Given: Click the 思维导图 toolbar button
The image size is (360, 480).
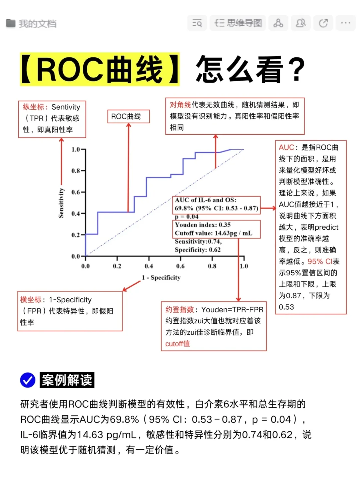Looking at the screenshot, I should pos(238,23).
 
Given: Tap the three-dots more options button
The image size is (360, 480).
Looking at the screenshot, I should pos(345,23).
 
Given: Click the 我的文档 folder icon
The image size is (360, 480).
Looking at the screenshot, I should pos(11,23).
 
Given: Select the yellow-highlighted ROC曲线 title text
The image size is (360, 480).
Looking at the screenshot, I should pos(100,69).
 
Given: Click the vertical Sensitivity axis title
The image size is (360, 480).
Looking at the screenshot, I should pos(61,203).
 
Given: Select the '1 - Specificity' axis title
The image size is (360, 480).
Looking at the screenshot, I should pos(161,278).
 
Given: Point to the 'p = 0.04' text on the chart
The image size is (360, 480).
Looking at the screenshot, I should pos(187,217).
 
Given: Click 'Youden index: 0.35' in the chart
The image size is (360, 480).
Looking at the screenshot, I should pos(203,225).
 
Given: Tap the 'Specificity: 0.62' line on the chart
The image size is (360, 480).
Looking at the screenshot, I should pos(198,250).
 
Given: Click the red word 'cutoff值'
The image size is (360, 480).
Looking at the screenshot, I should pos(178,344).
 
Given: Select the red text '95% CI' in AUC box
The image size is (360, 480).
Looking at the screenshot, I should pos(320,261).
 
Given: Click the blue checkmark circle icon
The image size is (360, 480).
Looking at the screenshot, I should pos(28,380).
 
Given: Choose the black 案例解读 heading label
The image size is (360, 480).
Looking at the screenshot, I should pos(67,380).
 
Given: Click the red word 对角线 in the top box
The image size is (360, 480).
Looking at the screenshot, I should pos(180,105).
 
